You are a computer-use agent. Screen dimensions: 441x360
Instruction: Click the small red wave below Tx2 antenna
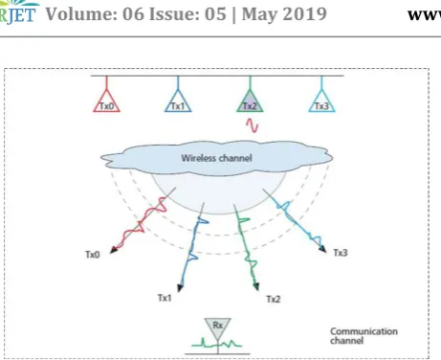coord(252,125)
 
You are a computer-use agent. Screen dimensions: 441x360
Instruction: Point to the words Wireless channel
coord(216,158)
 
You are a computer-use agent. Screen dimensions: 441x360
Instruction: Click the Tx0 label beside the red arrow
coord(93,255)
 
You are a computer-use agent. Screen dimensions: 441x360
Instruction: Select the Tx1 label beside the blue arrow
coord(165,298)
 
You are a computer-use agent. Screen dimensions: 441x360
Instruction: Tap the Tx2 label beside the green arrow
coord(274,299)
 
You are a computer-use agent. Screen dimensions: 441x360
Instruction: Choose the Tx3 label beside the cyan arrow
coord(341,253)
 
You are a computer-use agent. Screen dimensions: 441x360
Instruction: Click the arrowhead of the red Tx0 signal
coord(113,250)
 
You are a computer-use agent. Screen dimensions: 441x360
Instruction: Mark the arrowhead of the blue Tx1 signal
coord(180,287)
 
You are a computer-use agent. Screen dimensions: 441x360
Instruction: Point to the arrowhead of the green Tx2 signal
coord(256,286)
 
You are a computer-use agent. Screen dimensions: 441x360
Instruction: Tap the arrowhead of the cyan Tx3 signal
coord(323,249)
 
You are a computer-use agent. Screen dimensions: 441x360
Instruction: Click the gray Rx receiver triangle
coord(217,327)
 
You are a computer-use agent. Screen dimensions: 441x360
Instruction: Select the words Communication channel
coord(364,336)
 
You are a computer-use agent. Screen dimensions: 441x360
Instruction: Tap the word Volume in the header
coord(81,14)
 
